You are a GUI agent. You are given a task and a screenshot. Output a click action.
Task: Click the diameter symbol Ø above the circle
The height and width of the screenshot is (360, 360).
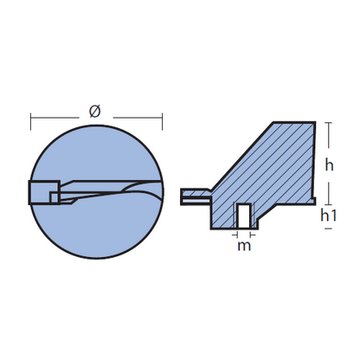[95, 112]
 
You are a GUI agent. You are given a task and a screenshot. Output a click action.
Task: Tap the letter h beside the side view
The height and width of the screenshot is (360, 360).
[329, 165]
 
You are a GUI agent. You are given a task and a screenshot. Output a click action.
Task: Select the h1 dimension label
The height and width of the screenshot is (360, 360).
[329, 215]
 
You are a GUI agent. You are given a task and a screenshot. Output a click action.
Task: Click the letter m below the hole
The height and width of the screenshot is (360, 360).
[244, 246]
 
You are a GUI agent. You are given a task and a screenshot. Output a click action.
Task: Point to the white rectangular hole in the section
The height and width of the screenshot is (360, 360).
[244, 215]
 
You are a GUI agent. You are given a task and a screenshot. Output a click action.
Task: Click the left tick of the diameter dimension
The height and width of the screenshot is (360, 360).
[31, 121]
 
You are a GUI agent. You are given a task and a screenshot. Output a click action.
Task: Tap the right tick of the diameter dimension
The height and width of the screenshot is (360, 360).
[163, 121]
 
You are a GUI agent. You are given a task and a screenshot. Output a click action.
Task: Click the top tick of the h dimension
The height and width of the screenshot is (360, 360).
[328, 123]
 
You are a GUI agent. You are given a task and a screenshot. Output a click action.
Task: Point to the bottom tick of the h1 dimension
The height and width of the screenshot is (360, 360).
[328, 228]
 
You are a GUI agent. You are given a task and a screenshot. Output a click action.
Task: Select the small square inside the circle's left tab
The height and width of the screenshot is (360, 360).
[54, 197]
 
